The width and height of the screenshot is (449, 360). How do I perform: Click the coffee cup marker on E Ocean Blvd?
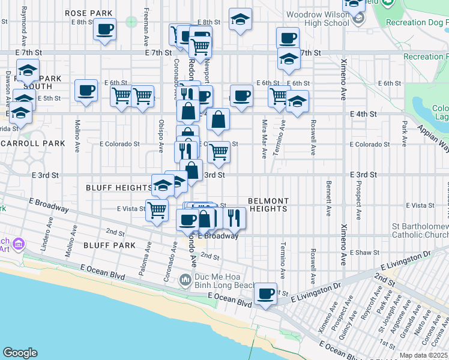[265, 294]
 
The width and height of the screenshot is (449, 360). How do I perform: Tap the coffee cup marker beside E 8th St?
[104, 29]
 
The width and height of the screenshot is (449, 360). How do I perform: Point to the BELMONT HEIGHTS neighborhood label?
[268, 205]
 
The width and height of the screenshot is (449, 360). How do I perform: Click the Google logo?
[20, 353]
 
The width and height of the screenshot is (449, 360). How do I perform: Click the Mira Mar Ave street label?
[264, 147]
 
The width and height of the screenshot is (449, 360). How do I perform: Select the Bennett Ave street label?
[328, 198]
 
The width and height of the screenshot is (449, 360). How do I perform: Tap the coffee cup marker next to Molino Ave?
[86, 91]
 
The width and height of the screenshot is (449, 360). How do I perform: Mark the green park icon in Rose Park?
[131, 22]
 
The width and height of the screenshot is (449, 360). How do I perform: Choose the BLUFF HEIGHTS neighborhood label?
[119, 188]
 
